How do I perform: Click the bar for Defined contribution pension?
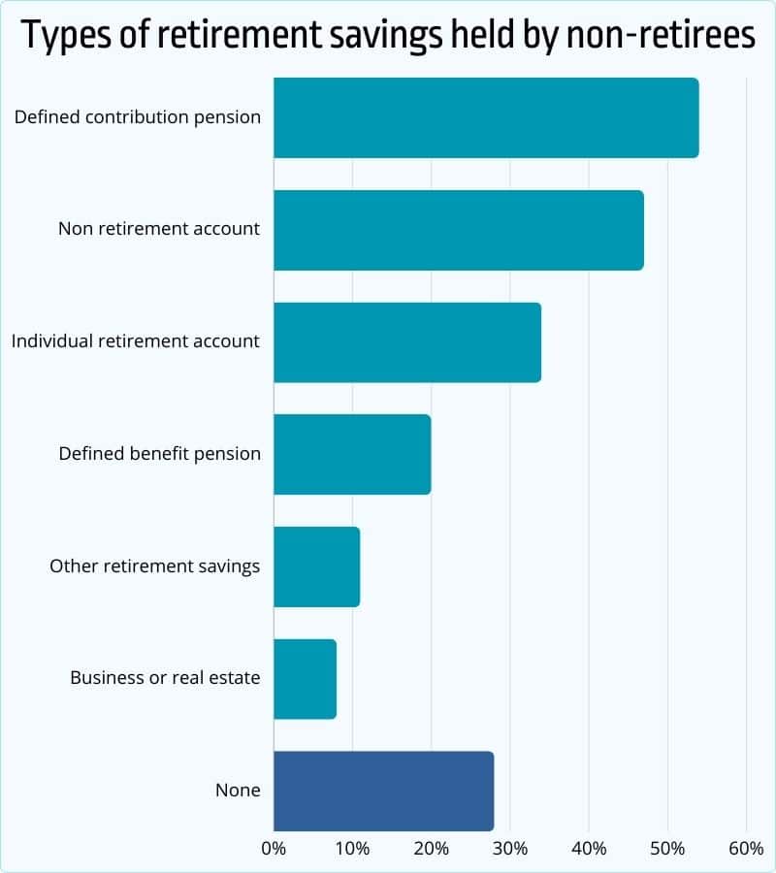(485, 117)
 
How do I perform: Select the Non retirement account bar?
(458, 230)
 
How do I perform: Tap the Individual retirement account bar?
(407, 342)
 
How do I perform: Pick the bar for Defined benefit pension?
(352, 454)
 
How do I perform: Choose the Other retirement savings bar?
(317, 566)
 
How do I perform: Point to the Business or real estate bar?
(305, 679)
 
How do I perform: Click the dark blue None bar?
(383, 791)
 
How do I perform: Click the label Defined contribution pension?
(138, 117)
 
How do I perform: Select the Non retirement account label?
(159, 230)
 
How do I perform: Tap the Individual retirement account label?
(136, 341)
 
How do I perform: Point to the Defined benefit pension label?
(159, 454)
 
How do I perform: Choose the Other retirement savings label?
(155, 566)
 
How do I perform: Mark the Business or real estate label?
(165, 678)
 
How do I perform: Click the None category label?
(238, 791)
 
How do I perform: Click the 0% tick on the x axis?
(274, 850)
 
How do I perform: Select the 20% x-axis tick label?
(431, 850)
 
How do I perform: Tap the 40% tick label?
(589, 850)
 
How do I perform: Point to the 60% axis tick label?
(745, 850)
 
